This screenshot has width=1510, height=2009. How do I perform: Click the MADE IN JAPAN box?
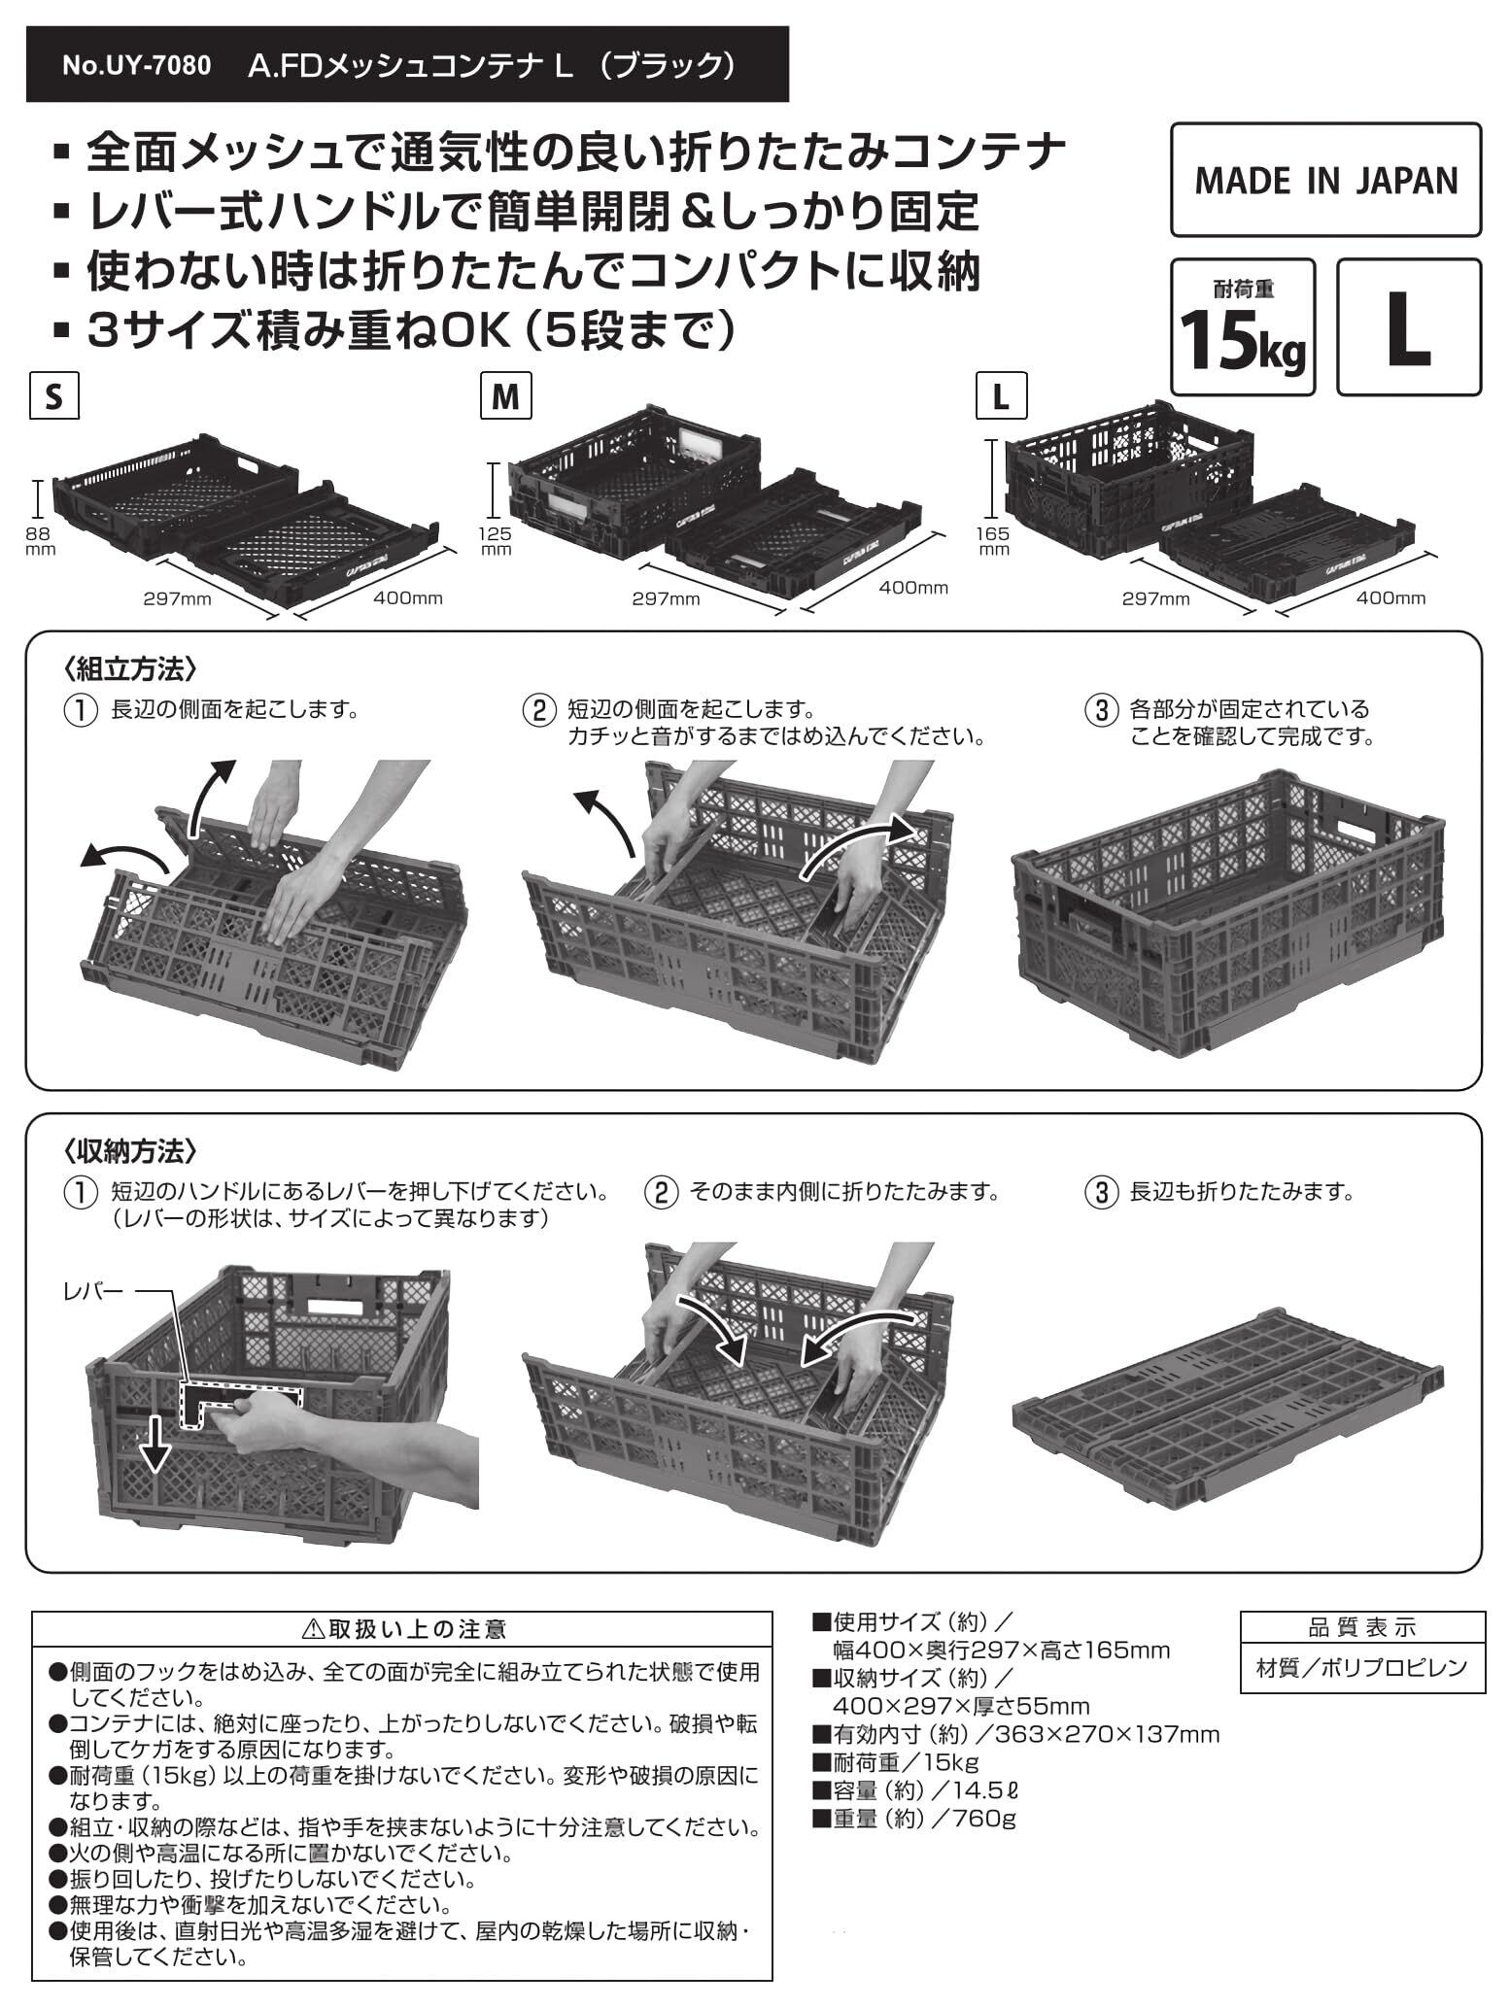click(1325, 180)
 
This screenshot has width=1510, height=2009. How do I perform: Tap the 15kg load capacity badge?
click(1243, 327)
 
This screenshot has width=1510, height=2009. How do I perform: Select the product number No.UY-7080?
click(136, 66)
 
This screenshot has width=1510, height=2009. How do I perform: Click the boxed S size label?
click(53, 398)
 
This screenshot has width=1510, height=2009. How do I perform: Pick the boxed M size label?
click(505, 398)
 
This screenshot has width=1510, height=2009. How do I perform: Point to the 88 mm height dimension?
click(39, 539)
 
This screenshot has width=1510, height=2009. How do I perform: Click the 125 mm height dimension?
click(497, 540)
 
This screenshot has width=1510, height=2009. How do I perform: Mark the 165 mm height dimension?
click(994, 540)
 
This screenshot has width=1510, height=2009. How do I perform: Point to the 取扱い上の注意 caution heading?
click(402, 1628)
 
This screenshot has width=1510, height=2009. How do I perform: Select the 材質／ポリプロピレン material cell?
click(1362, 1668)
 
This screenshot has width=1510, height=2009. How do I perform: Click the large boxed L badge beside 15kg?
click(1408, 327)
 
